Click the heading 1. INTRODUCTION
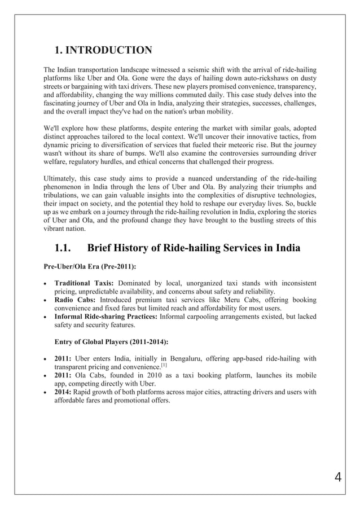103,50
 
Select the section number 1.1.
64,248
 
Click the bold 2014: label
63,392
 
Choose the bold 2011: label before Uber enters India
63,358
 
